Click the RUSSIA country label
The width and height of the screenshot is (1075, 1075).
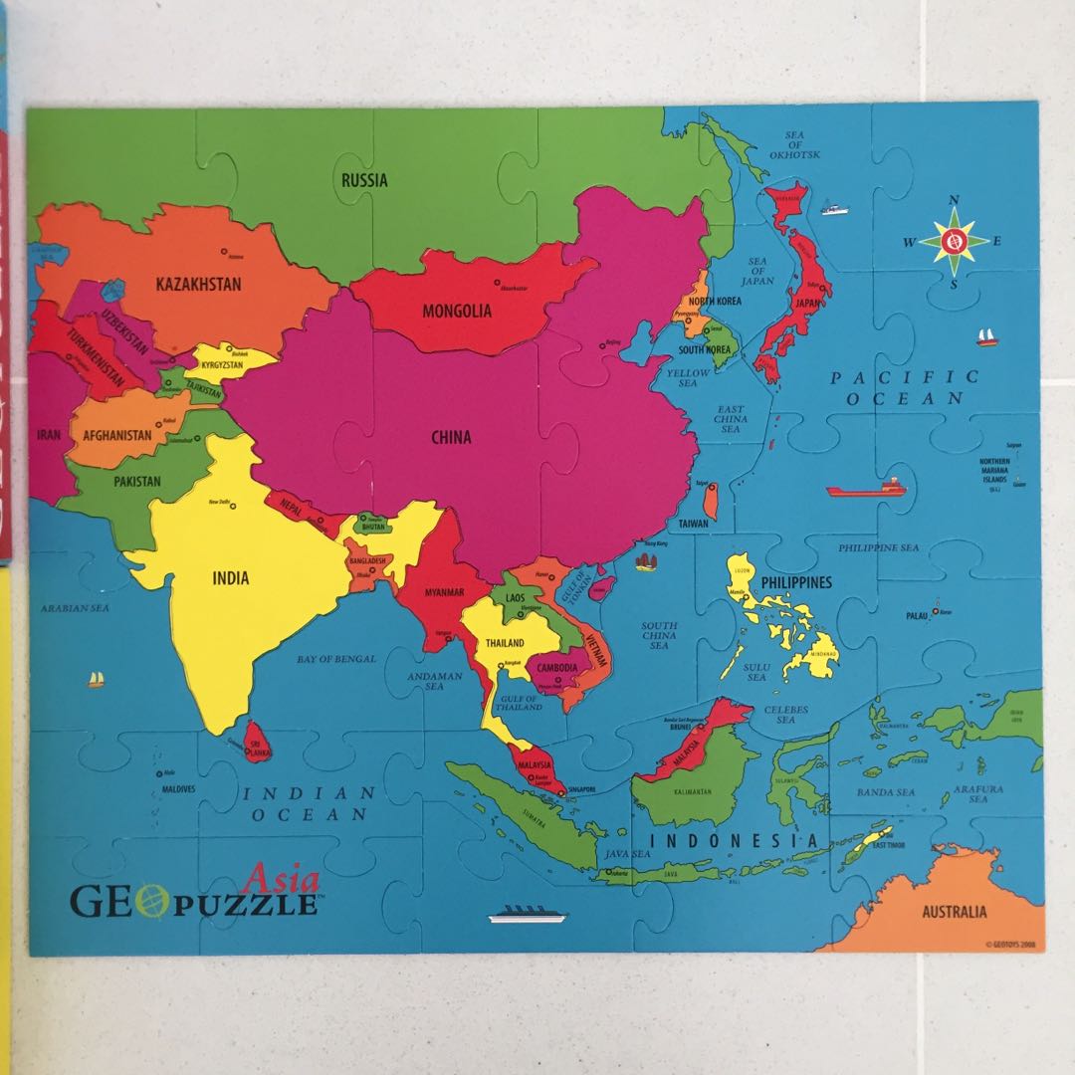tap(364, 180)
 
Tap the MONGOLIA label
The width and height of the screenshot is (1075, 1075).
tap(457, 311)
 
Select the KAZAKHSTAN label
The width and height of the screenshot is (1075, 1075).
tap(199, 284)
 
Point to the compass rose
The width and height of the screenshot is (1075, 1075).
tap(954, 240)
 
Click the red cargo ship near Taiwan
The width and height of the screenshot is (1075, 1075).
tap(866, 489)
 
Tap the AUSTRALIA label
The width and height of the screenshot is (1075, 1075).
tap(954, 911)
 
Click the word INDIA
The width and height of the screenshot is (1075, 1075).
tap(231, 577)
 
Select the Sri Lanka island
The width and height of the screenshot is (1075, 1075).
tap(257, 742)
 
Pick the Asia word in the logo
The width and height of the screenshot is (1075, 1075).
tap(282, 880)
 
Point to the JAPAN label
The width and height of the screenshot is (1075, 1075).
tap(806, 305)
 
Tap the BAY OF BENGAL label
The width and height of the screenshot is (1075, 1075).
tap(336, 659)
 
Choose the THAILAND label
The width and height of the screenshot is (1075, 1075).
tap(505, 643)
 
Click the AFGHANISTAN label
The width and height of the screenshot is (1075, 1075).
tap(117, 435)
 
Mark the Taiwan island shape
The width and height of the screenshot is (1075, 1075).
tap(709, 500)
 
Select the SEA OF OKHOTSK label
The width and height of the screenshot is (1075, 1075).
tap(793, 145)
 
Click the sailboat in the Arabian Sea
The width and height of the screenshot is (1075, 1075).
tap(97, 679)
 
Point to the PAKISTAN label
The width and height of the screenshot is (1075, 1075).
tap(136, 482)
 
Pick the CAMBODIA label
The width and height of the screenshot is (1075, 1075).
tap(557, 668)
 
